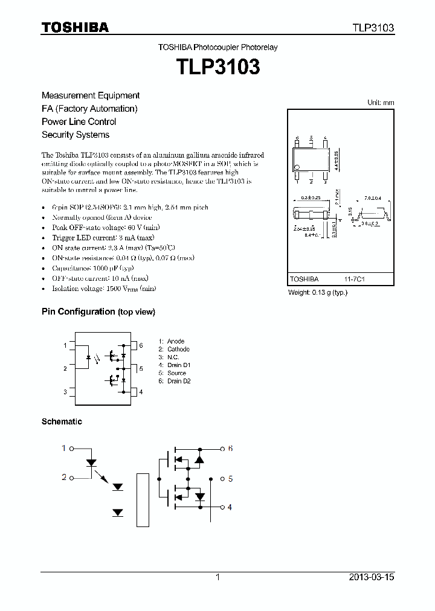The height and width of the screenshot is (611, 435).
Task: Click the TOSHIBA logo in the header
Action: click(75, 28)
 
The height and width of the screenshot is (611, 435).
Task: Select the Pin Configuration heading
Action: click(98, 312)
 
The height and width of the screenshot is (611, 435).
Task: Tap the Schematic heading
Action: click(62, 421)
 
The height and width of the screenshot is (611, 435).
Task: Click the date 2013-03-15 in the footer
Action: click(371, 577)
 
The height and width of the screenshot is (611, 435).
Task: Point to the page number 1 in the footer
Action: click(217, 577)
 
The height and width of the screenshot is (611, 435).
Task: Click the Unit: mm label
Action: click(381, 103)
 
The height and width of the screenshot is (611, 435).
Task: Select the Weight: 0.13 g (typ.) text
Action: click(318, 292)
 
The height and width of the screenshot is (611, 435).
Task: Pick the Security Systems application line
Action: click(76, 135)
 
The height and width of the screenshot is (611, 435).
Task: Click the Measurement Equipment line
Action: click(91, 95)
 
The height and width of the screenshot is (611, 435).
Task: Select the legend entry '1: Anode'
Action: click(172, 341)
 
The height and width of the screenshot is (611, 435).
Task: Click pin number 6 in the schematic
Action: click(230, 449)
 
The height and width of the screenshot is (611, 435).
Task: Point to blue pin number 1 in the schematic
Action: click(63, 449)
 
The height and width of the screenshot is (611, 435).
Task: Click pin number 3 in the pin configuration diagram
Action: click(65, 392)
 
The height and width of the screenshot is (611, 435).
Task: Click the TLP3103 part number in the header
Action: click(373, 28)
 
